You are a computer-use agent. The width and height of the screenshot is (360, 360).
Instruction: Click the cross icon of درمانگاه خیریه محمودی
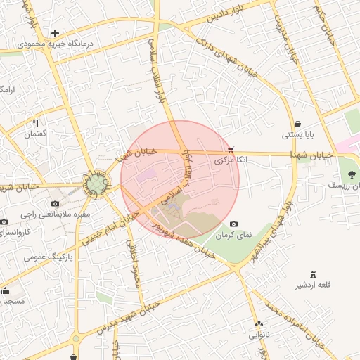point(56,33)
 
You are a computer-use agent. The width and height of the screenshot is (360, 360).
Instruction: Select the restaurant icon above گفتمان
point(34,123)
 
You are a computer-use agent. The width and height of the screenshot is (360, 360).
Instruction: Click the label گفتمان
point(34,134)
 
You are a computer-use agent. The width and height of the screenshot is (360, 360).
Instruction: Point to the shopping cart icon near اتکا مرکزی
point(231,149)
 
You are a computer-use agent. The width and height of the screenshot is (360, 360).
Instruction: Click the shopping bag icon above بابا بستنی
point(298,124)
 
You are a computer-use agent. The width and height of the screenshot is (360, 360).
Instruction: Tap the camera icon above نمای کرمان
point(233,224)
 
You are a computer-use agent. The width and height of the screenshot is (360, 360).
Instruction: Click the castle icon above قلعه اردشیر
point(313,274)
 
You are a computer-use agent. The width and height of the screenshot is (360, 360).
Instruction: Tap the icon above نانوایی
point(259,325)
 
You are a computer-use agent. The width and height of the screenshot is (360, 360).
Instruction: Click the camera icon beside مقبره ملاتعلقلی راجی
point(55,204)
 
